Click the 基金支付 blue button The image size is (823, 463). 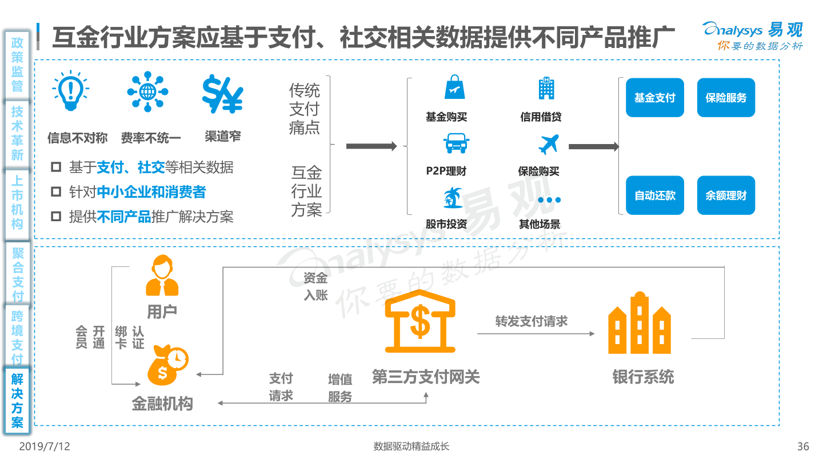(654, 98)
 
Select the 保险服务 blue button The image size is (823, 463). (726, 98)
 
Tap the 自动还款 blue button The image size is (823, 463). (654, 195)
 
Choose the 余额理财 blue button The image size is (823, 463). (726, 195)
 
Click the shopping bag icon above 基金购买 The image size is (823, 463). (454, 87)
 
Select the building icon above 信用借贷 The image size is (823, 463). (546, 88)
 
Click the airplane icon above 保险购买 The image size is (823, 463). (549, 144)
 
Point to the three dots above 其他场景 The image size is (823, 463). (549, 200)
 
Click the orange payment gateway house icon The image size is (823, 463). (420, 321)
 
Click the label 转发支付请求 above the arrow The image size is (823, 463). (532, 321)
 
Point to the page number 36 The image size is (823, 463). (803, 446)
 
